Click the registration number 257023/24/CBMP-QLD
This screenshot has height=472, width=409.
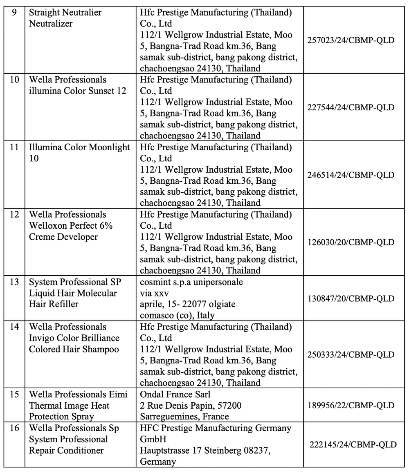tap(351, 41)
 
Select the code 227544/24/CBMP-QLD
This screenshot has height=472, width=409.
tap(351, 108)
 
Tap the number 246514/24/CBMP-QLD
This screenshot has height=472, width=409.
tap(351, 175)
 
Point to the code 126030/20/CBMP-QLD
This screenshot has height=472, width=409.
tap(351, 243)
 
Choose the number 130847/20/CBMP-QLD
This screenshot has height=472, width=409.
tap(351, 299)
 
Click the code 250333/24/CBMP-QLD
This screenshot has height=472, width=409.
tap(351, 355)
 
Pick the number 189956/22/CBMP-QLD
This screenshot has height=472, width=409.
tap(351, 405)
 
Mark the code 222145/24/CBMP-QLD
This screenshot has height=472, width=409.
tap(353, 445)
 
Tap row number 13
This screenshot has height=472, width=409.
tap(14, 283)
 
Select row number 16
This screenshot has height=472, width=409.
tap(14, 428)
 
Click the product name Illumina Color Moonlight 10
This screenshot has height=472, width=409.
tap(79, 153)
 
